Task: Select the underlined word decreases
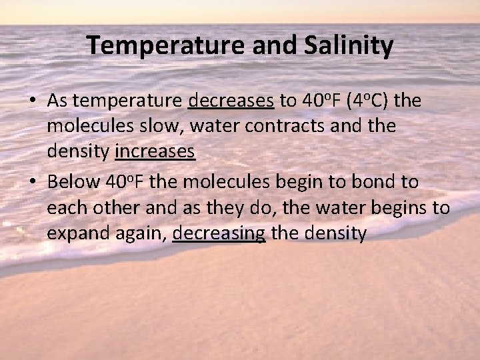click(x=231, y=101)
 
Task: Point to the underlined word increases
click(x=155, y=153)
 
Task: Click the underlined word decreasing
click(x=219, y=233)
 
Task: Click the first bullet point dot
click(x=32, y=101)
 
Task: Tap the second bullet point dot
click(x=32, y=182)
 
